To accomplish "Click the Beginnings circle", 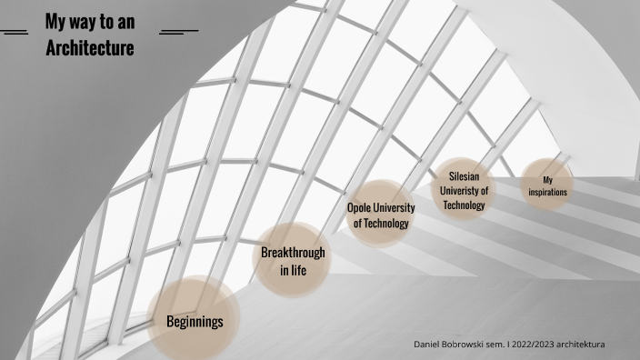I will click(x=194, y=321).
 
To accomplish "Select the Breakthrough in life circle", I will click(x=292, y=260).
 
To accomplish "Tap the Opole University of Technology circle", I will click(x=381, y=215).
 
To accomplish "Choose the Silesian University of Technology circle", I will click(x=465, y=190).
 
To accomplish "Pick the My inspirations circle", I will click(x=547, y=185).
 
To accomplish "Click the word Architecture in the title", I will click(x=90, y=47).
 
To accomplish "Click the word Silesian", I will click(x=465, y=176).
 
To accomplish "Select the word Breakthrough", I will click(x=292, y=252).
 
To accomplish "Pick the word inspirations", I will click(x=547, y=193).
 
